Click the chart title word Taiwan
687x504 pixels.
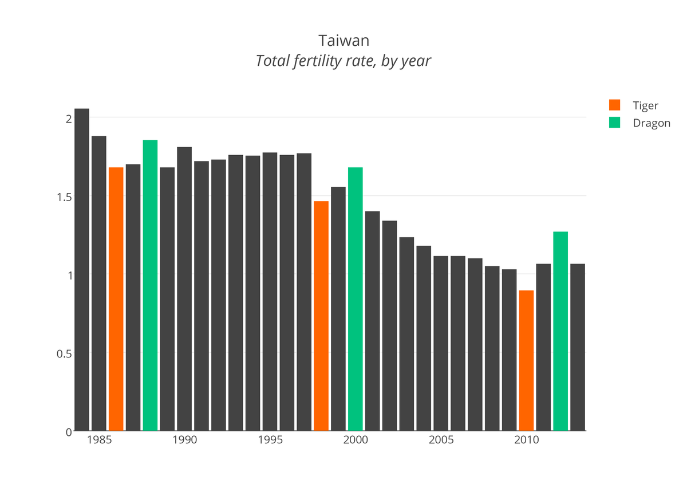coord(343,41)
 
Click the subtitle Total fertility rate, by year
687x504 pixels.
coord(343,61)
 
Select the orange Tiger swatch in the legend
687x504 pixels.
coord(614,105)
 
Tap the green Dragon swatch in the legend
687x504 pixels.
coord(614,123)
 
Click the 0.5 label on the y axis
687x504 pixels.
coord(64,353)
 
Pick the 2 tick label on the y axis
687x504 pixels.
coord(68,119)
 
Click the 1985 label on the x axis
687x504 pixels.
coord(99,440)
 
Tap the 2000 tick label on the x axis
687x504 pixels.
coord(356,440)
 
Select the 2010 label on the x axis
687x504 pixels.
coord(526,440)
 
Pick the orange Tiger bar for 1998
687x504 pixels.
coord(321,316)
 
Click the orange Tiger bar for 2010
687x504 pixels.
coord(526,360)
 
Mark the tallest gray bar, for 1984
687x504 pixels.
coord(82,269)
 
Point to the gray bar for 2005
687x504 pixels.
coord(441,343)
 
